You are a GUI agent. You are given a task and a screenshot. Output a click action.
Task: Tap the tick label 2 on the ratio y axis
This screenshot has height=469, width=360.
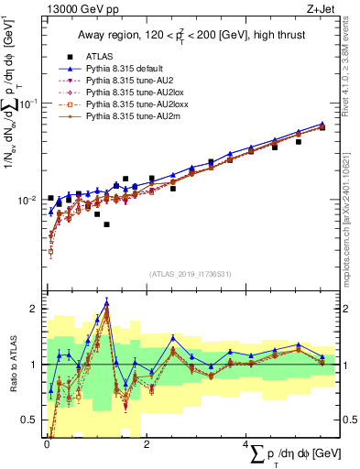pyautogui.click(x=34, y=309)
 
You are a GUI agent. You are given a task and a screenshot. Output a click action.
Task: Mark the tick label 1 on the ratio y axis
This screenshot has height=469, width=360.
pyautogui.click(x=34, y=365)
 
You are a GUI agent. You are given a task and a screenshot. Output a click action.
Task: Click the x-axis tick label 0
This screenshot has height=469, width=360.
pyautogui.click(x=46, y=444)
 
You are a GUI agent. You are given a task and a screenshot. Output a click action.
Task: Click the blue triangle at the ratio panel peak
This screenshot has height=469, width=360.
pyautogui.click(x=107, y=303)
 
